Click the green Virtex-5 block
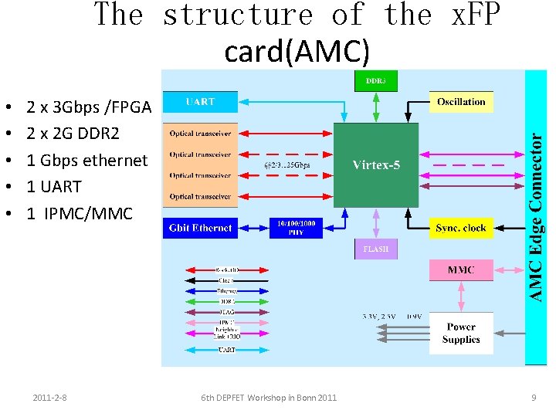pyautogui.click(x=375, y=164)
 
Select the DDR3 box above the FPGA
pyautogui.click(x=376, y=80)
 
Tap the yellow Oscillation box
pyautogui.click(x=461, y=102)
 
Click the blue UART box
pyautogui.click(x=200, y=102)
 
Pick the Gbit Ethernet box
pyautogui.click(x=200, y=228)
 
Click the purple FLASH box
pyautogui.click(x=376, y=249)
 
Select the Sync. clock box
pyautogui.click(x=461, y=228)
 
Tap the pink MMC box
pyautogui.click(x=461, y=270)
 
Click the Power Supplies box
pyautogui.click(x=461, y=333)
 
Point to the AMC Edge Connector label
pyautogui.click(x=537, y=216)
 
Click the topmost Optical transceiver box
pyautogui.click(x=200, y=134)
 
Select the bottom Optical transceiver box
pyautogui.click(x=200, y=197)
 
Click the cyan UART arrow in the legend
pyautogui.click(x=226, y=350)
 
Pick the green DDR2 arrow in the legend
pyautogui.click(x=226, y=301)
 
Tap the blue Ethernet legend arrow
pyautogui.click(x=226, y=291)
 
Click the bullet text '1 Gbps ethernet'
pyautogui.click(x=86, y=161)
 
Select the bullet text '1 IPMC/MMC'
pyautogui.click(x=80, y=213)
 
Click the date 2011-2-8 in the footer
pyautogui.click(x=49, y=398)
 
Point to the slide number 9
pyautogui.click(x=534, y=398)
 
